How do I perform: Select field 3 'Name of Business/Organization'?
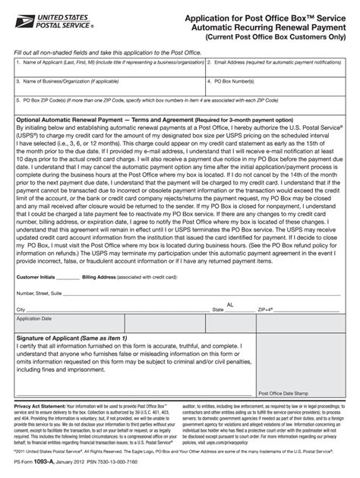click(x=106, y=85)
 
